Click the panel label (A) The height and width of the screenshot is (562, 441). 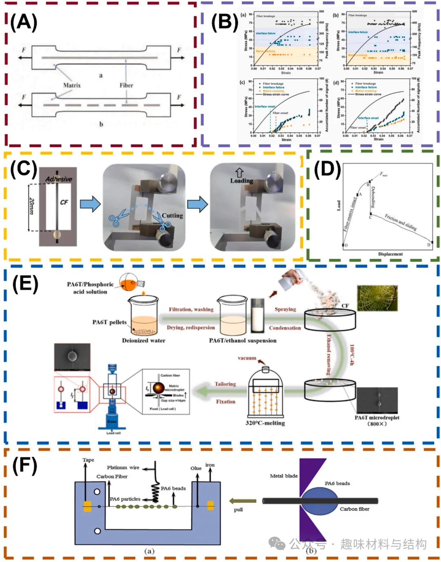[x=23, y=22]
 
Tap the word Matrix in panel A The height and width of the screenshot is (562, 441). [x=72, y=85]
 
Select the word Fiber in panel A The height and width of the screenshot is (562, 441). [x=126, y=85]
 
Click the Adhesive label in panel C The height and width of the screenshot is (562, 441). [x=58, y=179]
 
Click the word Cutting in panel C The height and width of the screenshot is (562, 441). [x=172, y=215]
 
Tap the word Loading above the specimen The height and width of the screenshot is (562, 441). [x=241, y=180]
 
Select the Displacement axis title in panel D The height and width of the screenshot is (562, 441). [x=390, y=254]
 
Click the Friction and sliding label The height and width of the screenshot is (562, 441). [x=401, y=222]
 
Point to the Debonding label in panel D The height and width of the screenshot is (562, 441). [x=373, y=198]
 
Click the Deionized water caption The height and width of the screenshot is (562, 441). [x=143, y=340]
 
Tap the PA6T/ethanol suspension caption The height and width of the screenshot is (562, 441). [x=243, y=340]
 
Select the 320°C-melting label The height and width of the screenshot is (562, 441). [x=265, y=423]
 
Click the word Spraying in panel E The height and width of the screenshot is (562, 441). [x=285, y=309]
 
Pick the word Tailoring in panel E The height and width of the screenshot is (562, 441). [x=225, y=384]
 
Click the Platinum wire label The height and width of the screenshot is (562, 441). [x=123, y=467]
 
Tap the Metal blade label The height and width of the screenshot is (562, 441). [x=284, y=476]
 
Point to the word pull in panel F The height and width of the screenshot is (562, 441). [x=238, y=509]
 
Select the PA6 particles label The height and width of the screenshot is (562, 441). [x=125, y=499]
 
